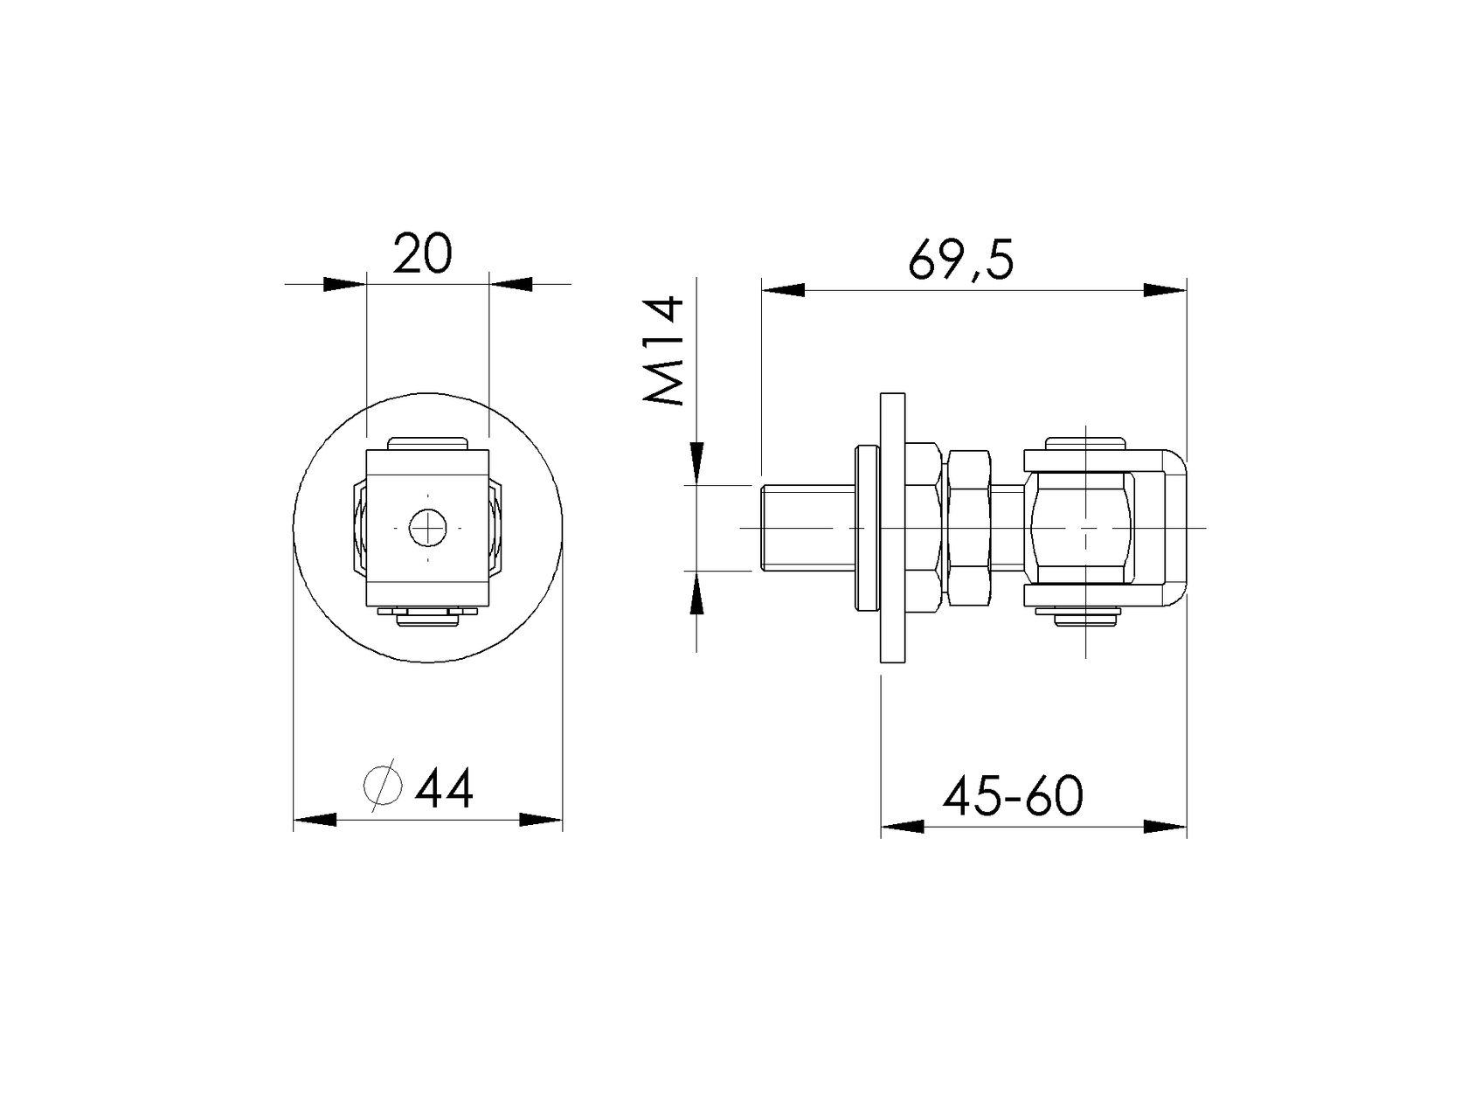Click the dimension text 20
(422, 253)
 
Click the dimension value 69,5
(961, 260)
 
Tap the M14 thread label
(663, 351)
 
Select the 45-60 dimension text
(1014, 796)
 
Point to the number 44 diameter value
(444, 787)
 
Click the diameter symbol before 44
(384, 785)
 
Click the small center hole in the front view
(428, 528)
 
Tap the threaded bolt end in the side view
(808, 528)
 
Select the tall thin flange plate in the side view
(893, 528)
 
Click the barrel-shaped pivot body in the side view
(1083, 528)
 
